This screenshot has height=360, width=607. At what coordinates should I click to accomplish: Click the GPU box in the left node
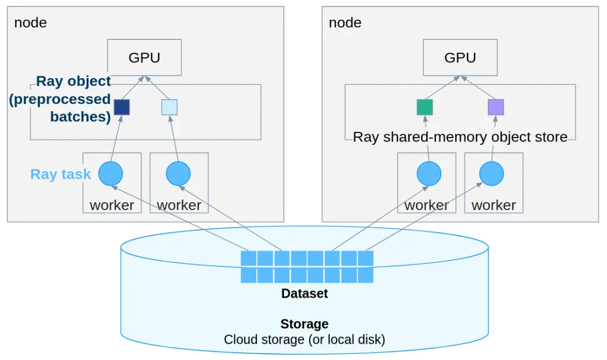point(144,57)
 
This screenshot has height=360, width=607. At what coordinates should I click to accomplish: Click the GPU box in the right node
point(460,57)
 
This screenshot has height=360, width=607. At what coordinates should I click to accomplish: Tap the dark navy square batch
point(122,107)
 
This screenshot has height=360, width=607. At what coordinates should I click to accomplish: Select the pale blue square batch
point(169,107)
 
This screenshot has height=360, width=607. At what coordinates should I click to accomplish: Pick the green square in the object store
point(425,107)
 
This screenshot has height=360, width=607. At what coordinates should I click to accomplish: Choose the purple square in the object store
point(496,107)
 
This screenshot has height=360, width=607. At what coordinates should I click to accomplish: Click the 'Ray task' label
point(61,174)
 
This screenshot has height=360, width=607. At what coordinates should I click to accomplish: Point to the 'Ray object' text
point(73,81)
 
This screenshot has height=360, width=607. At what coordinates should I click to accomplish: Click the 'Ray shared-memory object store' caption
point(460,136)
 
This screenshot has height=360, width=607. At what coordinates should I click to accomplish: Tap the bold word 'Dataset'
point(304,293)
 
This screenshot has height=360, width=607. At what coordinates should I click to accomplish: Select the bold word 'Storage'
point(304,324)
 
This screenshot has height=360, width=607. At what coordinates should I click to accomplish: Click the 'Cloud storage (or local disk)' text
point(304,339)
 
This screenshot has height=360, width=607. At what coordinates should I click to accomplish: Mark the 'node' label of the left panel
point(30,23)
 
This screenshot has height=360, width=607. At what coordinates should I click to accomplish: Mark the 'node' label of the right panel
point(345,23)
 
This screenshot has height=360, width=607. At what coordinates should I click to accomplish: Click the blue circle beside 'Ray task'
point(111,174)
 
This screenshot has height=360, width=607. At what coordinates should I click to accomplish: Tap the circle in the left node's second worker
point(178,174)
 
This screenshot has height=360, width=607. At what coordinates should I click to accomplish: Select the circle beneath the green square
point(428,174)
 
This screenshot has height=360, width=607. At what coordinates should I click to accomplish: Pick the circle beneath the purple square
point(492,174)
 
